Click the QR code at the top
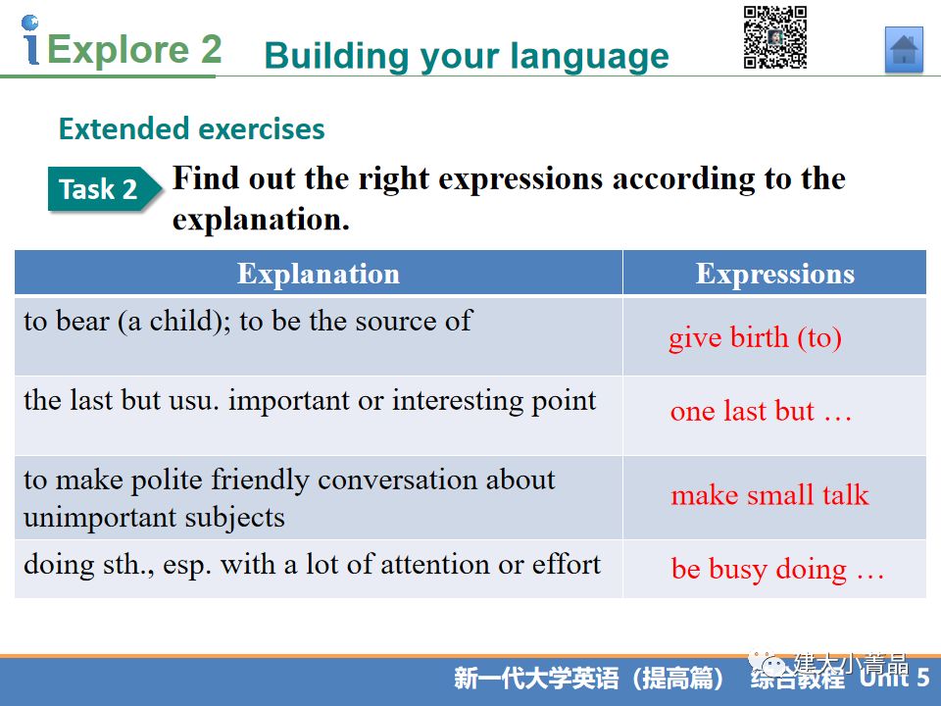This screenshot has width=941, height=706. pyautogui.click(x=774, y=37)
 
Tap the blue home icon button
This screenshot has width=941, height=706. pyautogui.click(x=904, y=50)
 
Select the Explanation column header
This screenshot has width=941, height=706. pyautogui.click(x=319, y=274)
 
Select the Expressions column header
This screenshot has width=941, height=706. pyautogui.click(x=774, y=274)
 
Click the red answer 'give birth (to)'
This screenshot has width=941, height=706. pyautogui.click(x=755, y=338)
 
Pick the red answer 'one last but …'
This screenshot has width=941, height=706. pyautogui.click(x=761, y=411)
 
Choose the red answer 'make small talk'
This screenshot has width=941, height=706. pyautogui.click(x=769, y=495)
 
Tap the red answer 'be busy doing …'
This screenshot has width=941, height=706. pyautogui.click(x=777, y=569)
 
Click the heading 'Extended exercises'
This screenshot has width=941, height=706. pyautogui.click(x=191, y=128)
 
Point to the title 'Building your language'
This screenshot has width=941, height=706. pyautogui.click(x=467, y=56)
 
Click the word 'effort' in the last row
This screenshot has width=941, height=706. pyautogui.click(x=566, y=564)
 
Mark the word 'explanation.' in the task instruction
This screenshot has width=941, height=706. pyautogui.click(x=261, y=220)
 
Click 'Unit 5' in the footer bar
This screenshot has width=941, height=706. pyautogui.click(x=894, y=678)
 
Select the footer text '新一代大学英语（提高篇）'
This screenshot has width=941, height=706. pyautogui.click(x=588, y=679)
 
